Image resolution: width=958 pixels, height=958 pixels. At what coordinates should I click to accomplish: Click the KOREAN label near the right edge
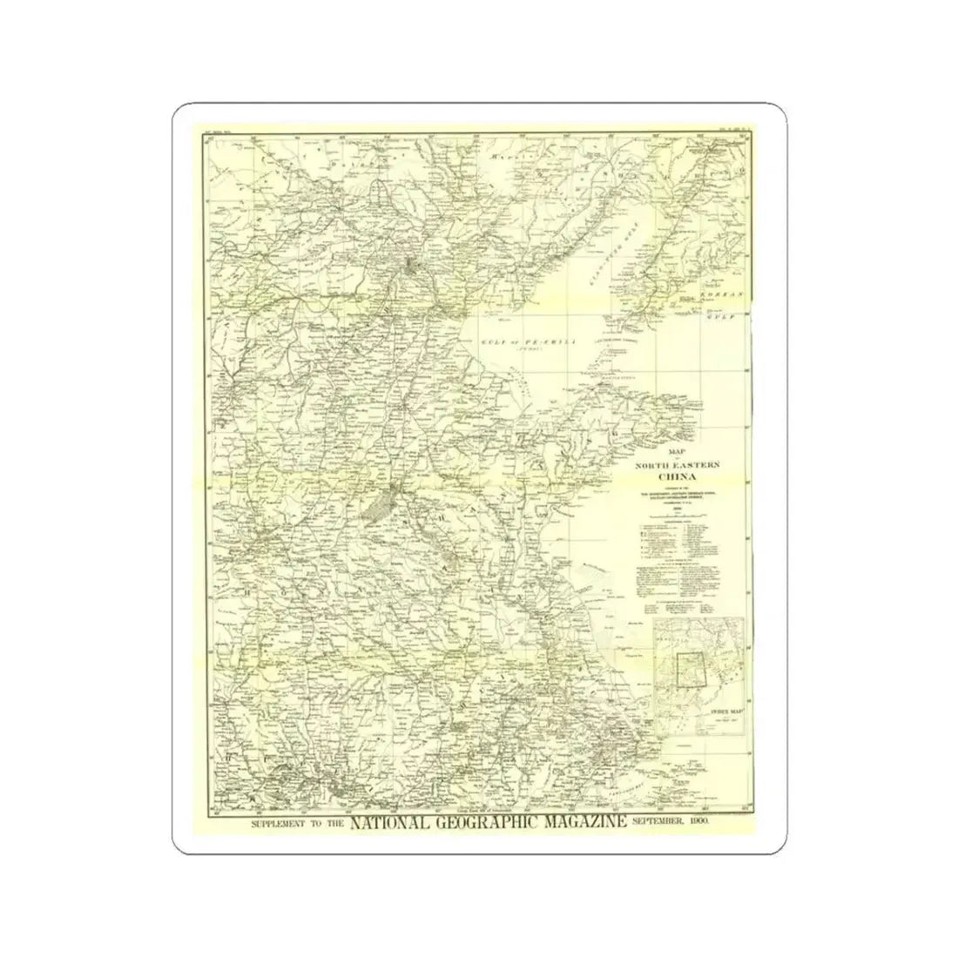tap(724, 295)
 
